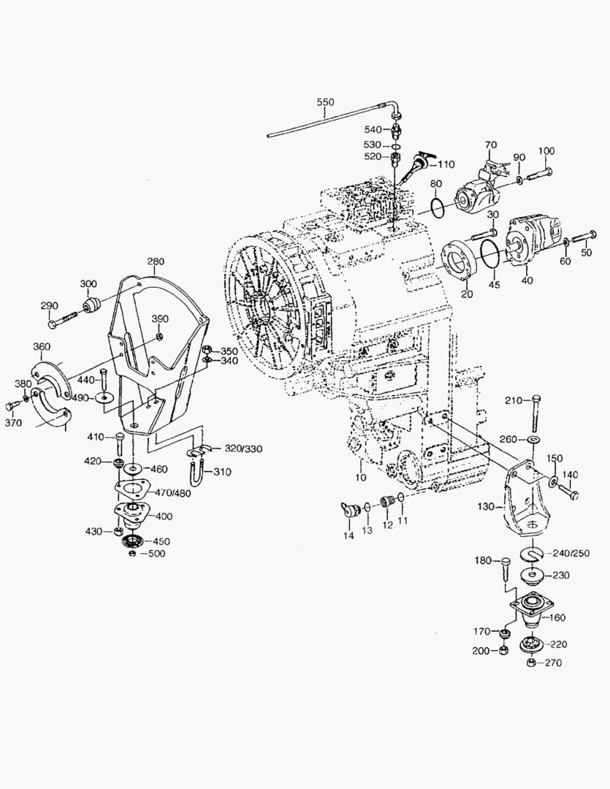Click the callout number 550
coord(325,102)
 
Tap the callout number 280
coord(156,262)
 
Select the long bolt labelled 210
coord(537,413)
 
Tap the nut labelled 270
coord(532,662)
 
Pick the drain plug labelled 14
coord(349,509)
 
